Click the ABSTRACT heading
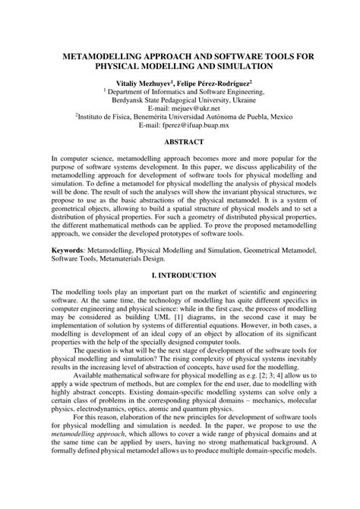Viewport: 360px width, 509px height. point(179,142)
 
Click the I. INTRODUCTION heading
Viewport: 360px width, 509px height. point(179,274)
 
